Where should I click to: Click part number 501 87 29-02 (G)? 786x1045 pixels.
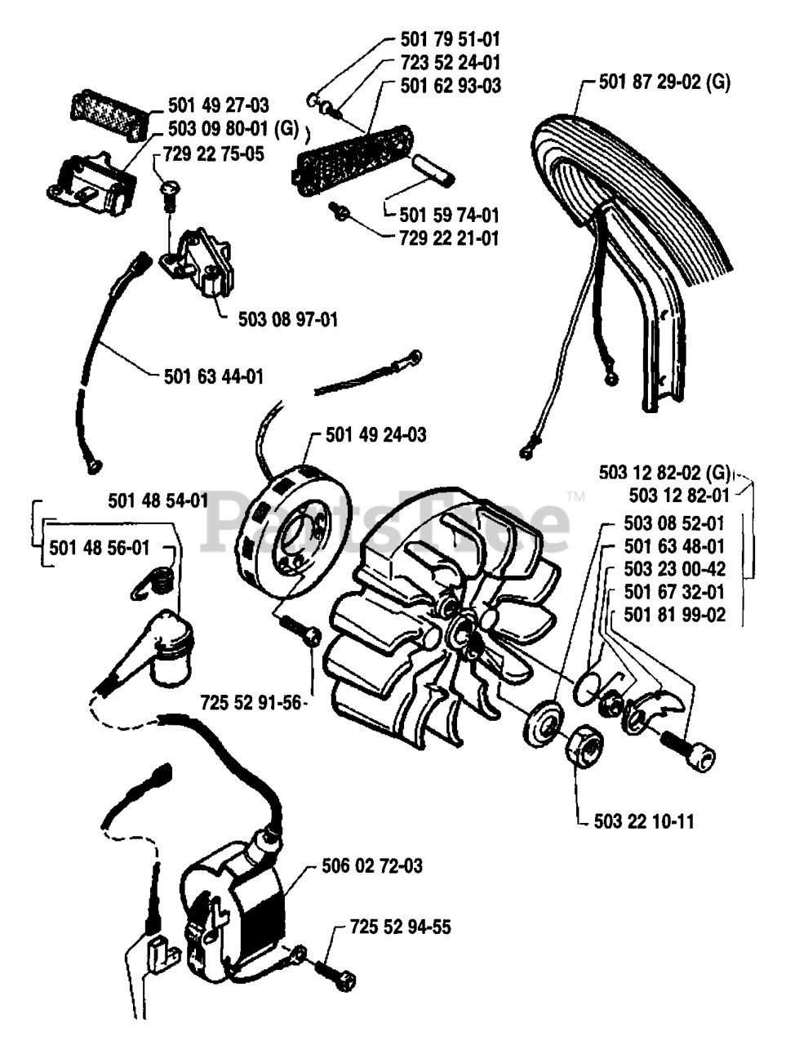(664, 82)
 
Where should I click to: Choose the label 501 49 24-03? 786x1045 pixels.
(375, 435)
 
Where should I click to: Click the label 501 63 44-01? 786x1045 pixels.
(214, 376)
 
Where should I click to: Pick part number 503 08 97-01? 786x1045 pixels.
(287, 320)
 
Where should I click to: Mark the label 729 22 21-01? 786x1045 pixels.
(449, 238)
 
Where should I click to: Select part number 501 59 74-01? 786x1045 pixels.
(449, 216)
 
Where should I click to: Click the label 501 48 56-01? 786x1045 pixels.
(100, 548)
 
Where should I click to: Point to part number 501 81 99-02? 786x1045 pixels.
(673, 615)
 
